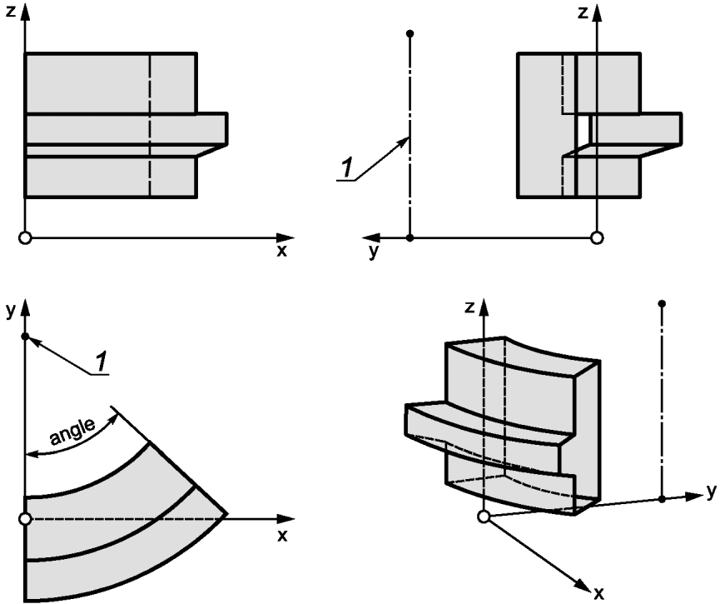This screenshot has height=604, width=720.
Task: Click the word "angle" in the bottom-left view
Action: pos(73,432)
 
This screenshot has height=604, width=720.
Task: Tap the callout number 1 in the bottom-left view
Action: pos(102,361)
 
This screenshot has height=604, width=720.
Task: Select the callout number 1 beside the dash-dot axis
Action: pos(347,167)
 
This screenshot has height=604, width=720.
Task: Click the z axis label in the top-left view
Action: pos(10,11)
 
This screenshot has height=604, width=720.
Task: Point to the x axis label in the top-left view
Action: pos(281,251)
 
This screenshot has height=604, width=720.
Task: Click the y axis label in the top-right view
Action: pos(374,252)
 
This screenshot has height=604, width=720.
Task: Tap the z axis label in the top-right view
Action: pos(583,12)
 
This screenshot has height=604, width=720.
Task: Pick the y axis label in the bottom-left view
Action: pos(11,312)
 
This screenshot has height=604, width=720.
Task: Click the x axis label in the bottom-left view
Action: pos(282,536)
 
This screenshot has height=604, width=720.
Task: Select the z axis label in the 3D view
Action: pos(469,307)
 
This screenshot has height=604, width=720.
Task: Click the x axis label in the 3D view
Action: pos(598,594)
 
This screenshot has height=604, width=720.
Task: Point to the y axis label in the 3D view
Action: pos(712,492)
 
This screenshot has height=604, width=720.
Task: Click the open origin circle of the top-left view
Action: pos(25,238)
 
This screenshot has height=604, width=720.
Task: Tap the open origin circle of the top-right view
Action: pos(597,238)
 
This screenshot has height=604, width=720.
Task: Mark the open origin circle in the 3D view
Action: pos(484,517)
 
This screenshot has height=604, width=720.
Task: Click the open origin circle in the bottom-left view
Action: pos(25,519)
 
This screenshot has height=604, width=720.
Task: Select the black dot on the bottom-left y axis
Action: pos(25,337)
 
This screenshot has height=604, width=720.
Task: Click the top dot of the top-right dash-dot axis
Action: pos(410,33)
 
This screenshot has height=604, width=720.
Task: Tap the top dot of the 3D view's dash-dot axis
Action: pos(662,304)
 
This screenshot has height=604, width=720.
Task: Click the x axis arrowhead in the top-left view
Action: pos(286,238)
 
